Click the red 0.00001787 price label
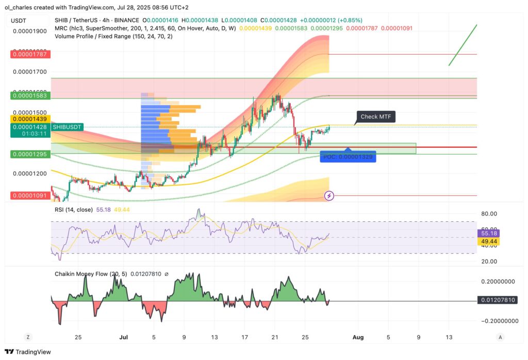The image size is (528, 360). [x=29, y=54]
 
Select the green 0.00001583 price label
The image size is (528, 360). [x=29, y=96]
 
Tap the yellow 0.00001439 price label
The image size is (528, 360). [x=29, y=119]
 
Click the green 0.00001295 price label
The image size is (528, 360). [x=29, y=154]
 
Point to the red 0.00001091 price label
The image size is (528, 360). [x=29, y=196]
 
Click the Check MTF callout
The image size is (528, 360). [x=376, y=117]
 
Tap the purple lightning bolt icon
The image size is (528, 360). [x=329, y=195]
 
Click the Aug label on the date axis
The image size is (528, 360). [x=358, y=337]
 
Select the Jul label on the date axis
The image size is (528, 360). [x=123, y=337]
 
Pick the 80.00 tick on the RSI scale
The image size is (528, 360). [x=489, y=214]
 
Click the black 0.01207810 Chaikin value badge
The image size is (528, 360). [x=496, y=300]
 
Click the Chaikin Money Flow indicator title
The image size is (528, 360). [x=91, y=274]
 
